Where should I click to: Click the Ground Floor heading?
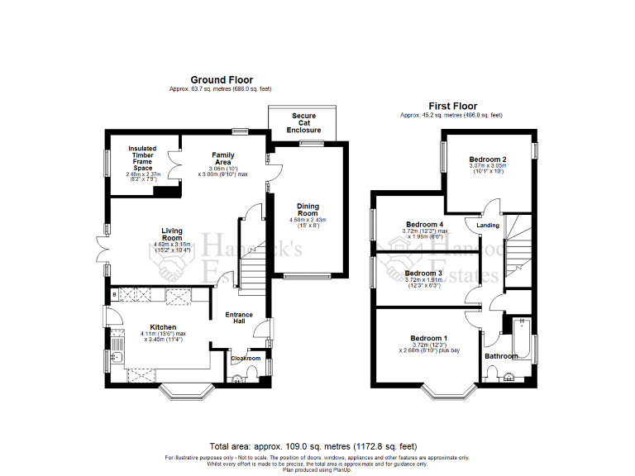click(222, 80)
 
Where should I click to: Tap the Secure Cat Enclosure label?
click(303, 123)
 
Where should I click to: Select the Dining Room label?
click(308, 210)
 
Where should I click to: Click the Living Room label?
click(172, 235)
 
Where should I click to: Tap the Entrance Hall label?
click(239, 318)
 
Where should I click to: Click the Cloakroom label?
click(246, 359)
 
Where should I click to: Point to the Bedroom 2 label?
click(487, 159)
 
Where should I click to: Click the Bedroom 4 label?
click(423, 224)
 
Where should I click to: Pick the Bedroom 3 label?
click(423, 273)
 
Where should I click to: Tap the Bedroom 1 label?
click(429, 338)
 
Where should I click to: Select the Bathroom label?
click(501, 356)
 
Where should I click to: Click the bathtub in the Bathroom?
click(523, 335)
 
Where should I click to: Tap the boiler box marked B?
click(114, 294)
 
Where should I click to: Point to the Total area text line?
click(317, 445)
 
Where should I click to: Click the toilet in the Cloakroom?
click(239, 378)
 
